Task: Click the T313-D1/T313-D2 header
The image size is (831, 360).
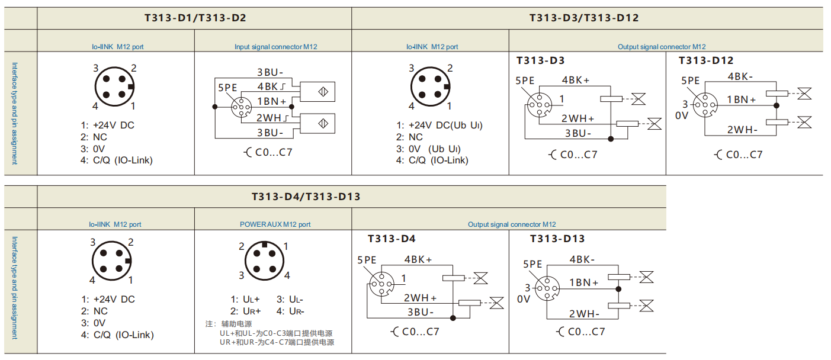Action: click(x=195, y=18)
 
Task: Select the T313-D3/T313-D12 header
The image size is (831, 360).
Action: click(x=584, y=18)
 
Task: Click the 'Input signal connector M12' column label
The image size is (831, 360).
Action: click(x=276, y=47)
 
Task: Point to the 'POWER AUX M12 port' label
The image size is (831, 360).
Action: click(x=275, y=224)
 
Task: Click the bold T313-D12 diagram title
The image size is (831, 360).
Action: click(x=706, y=60)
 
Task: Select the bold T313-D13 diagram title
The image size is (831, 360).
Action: click(x=557, y=239)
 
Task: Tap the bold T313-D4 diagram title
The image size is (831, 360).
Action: click(x=392, y=239)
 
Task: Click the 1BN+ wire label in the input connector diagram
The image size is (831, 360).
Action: click(x=271, y=101)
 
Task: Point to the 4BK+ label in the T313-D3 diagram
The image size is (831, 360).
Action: click(x=576, y=80)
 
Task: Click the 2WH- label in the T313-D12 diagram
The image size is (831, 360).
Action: click(x=743, y=130)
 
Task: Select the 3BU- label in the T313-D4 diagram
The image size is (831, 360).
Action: click(x=420, y=312)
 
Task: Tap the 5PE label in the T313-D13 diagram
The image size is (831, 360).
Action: click(x=532, y=264)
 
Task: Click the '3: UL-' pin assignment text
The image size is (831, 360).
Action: click(x=290, y=300)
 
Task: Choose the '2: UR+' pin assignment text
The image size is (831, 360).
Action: click(x=245, y=311)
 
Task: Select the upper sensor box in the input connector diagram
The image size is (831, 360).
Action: click(x=317, y=92)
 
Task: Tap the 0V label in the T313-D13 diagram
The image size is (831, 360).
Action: click(x=524, y=299)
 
